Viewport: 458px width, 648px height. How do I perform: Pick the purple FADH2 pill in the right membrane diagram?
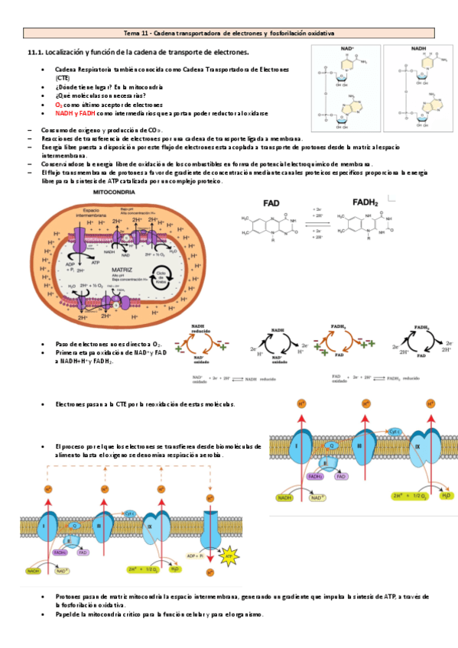(315, 475)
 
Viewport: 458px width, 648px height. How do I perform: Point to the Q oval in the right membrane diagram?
(333, 444)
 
